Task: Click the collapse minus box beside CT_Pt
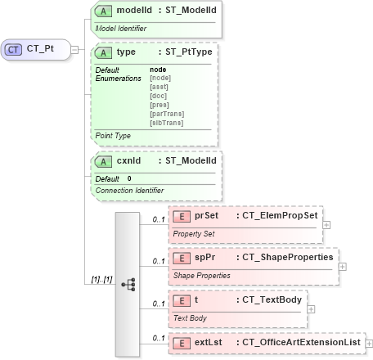tap(74, 49)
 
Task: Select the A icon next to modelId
tap(104, 11)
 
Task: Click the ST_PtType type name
tap(188, 52)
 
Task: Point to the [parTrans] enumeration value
tap(166, 114)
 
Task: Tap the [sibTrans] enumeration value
tap(166, 123)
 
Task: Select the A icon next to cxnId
tap(104, 161)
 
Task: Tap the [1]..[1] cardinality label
tap(99, 281)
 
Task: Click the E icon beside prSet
tap(183, 216)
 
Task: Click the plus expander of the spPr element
tap(343, 265)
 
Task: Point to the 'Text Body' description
tap(190, 317)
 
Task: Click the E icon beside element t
tap(183, 300)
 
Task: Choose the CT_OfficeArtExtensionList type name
tap(298, 342)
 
